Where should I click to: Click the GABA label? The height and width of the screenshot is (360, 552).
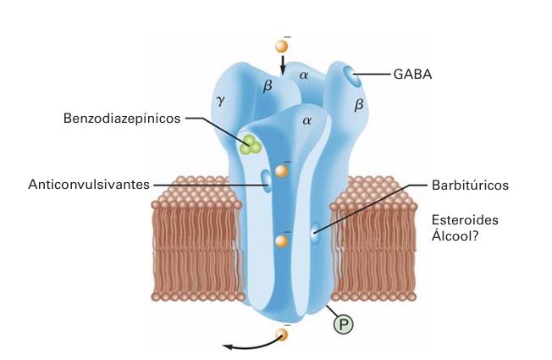coord(412,74)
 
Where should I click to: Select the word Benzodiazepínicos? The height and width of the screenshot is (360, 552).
coord(122,119)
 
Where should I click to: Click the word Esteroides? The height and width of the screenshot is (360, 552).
coord(465,219)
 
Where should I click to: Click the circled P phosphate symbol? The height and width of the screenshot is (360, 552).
coord(343,324)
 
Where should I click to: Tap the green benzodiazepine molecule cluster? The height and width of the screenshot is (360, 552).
coord(250,145)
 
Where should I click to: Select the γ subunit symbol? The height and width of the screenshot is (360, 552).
coord(221,100)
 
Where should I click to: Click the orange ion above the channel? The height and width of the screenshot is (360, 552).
coord(282,47)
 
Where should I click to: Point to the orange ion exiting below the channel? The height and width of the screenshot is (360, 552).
coord(282,334)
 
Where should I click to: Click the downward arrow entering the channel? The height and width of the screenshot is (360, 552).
coord(283,65)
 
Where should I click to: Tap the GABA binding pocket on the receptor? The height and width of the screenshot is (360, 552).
coord(352,79)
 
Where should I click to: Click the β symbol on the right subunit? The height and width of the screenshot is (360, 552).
coord(358,105)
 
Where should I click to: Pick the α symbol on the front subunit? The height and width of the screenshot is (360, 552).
coord(306,120)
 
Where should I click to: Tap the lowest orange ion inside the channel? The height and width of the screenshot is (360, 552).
coord(282,241)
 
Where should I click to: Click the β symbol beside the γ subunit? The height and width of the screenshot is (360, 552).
coord(268,85)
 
